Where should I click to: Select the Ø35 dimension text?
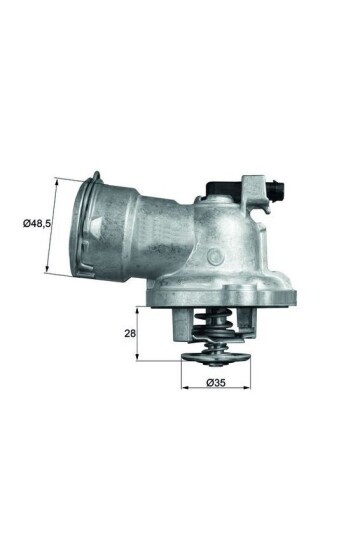point(216,383)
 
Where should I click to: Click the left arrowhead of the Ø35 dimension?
point(185,384)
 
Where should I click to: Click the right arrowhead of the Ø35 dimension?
point(250,384)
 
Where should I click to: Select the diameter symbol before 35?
point(207,383)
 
